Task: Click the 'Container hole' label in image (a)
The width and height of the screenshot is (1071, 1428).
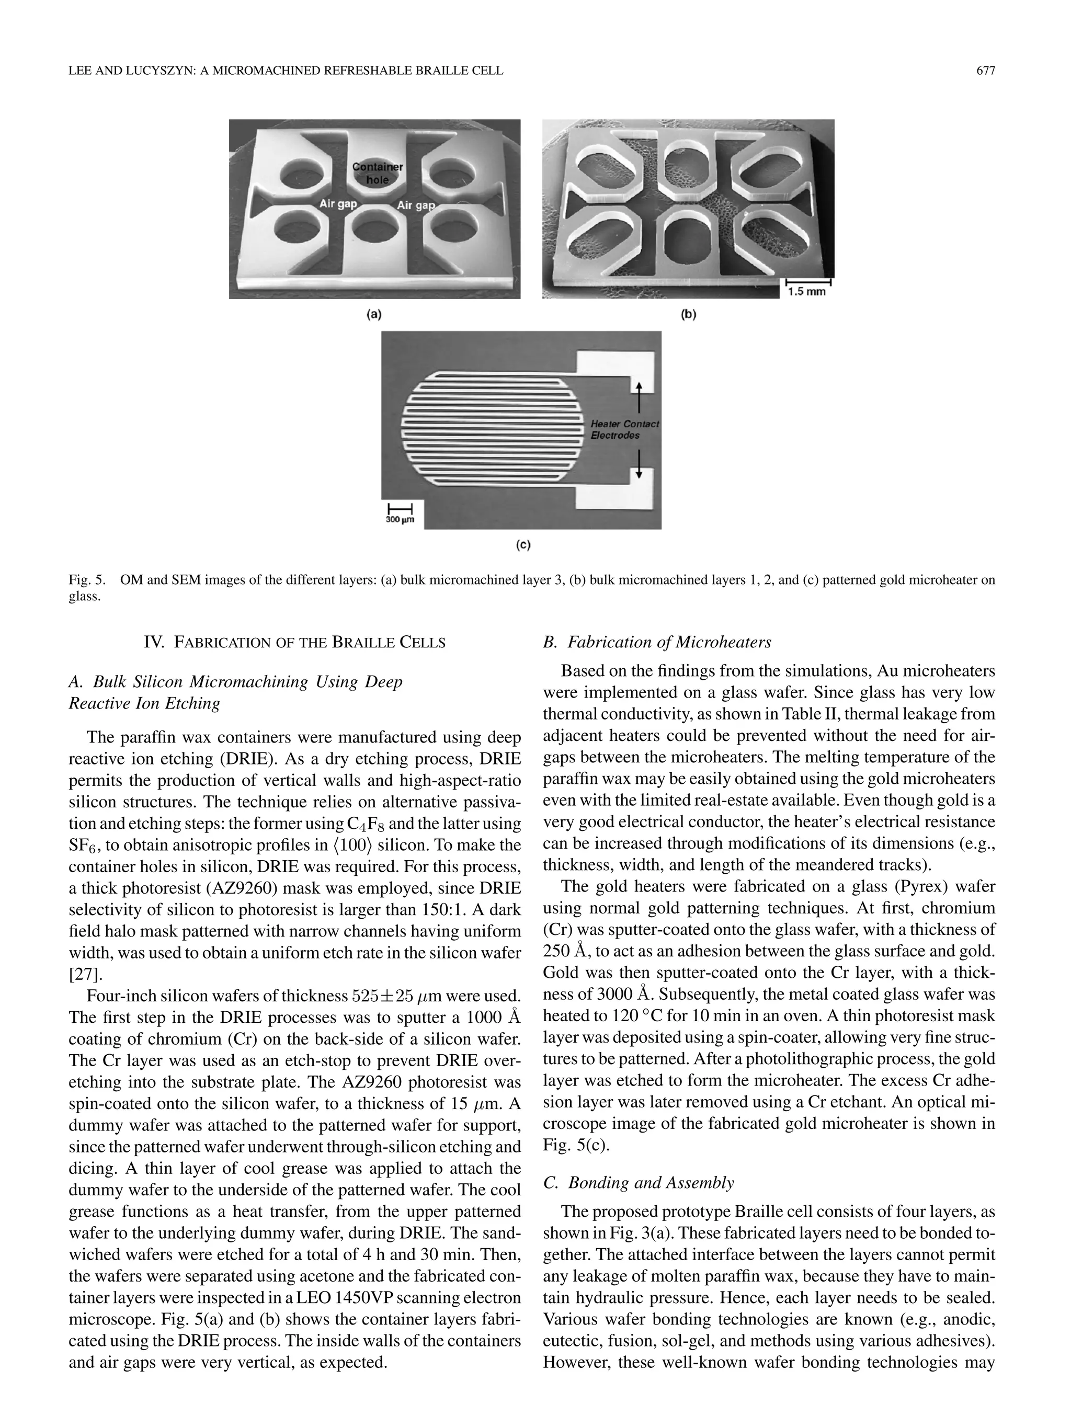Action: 378,173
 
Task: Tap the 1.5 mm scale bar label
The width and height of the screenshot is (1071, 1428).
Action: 806,291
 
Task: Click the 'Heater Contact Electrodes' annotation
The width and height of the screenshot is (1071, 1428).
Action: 624,429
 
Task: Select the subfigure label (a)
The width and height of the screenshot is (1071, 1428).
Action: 374,314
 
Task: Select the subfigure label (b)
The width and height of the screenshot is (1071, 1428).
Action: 688,314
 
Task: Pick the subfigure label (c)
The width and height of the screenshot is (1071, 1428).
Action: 522,545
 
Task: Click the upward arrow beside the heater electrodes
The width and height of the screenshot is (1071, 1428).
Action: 639,396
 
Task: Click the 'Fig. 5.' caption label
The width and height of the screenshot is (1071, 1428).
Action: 86,580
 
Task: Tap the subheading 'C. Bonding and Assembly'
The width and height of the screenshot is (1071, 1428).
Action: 639,1183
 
